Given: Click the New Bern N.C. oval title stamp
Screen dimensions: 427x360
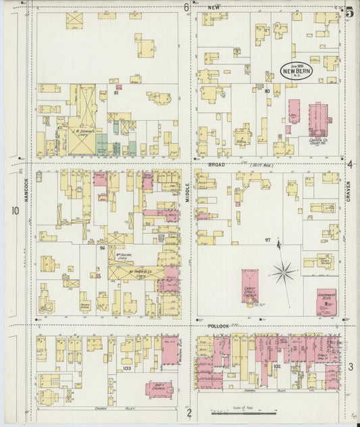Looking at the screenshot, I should tap(296, 71).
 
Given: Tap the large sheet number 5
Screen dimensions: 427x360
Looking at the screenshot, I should tap(349, 11).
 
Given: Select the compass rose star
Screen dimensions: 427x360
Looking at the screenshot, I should tap(284, 274).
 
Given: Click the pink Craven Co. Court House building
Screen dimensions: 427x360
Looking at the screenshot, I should tap(319, 120).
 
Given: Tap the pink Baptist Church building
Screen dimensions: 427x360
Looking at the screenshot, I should tap(159, 389).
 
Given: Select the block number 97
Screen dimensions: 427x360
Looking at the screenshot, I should tap(267, 240).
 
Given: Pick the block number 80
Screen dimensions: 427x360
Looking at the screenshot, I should tap(267, 91).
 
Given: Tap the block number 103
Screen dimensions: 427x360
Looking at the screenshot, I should tap(126, 369).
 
